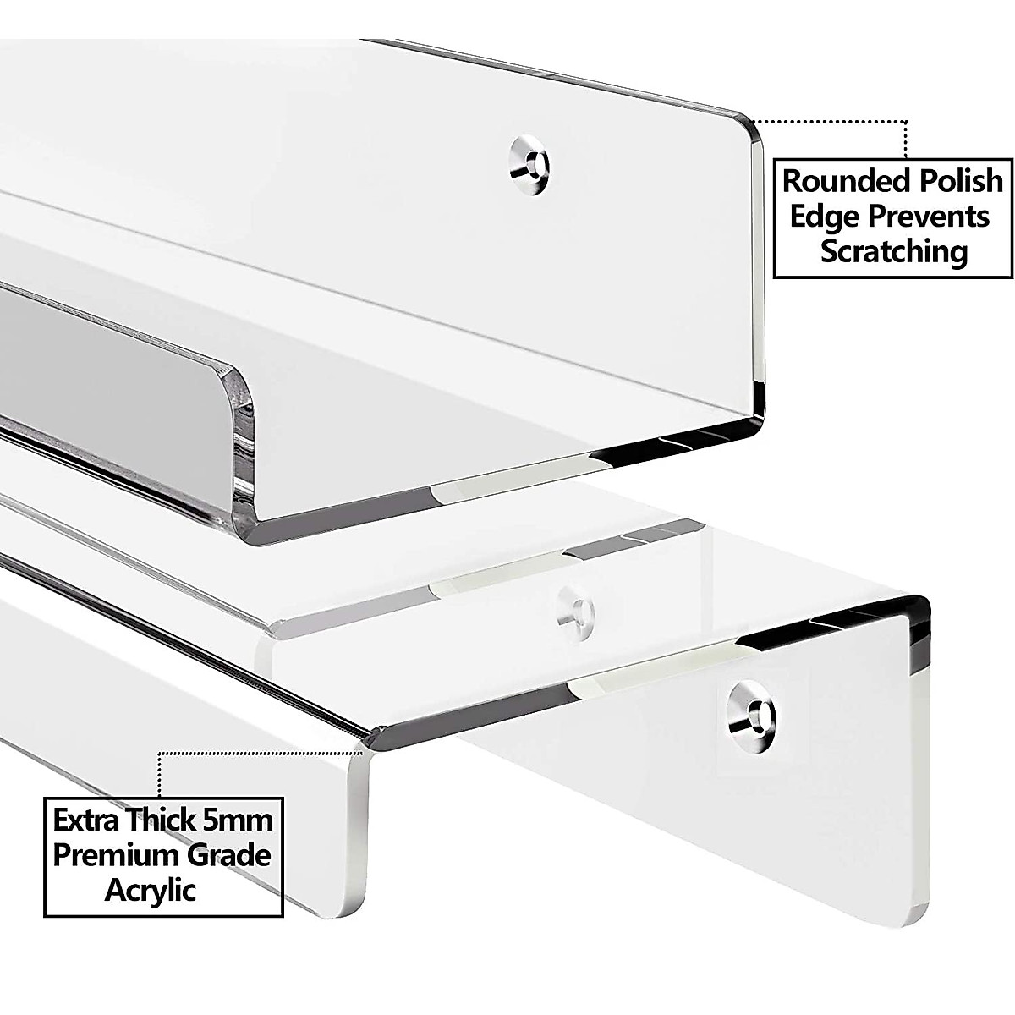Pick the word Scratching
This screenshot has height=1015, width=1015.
894,251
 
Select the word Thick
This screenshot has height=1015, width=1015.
172,820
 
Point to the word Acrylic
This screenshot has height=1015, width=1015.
151,890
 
